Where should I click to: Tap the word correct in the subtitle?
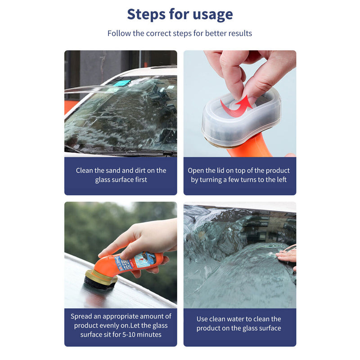[160, 33]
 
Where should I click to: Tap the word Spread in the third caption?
[81, 316]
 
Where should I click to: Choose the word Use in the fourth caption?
[202, 319]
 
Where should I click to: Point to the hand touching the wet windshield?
[287, 256]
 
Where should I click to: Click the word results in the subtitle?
[238, 33]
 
